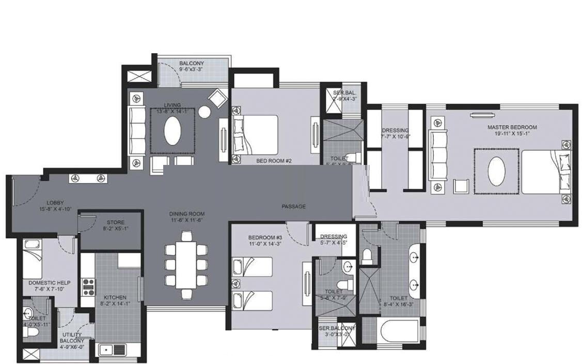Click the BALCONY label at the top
[x=191, y=64]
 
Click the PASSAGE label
[x=293, y=206]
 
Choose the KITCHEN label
[x=115, y=298]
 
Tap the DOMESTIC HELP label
[x=50, y=283]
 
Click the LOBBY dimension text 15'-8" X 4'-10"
[x=55, y=209]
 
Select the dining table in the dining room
[x=186, y=264]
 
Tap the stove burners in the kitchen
[x=88, y=286]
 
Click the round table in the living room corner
[x=205, y=112]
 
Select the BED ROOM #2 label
[x=274, y=161]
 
